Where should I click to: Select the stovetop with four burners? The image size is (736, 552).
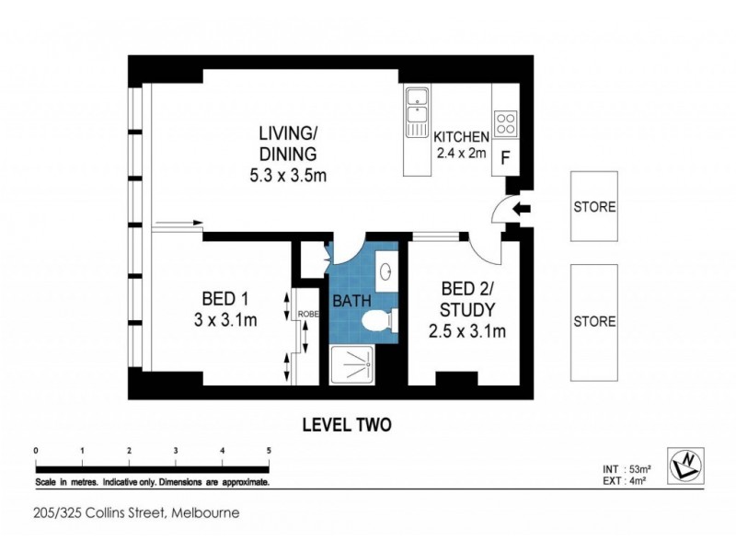point(506,123)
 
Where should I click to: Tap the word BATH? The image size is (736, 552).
point(351,301)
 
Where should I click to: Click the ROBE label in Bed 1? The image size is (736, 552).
point(305,316)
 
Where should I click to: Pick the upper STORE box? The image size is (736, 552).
point(594,207)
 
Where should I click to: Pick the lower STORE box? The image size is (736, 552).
point(594,322)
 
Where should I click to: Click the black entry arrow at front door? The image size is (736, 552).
point(521,211)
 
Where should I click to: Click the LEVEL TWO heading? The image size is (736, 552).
point(348,425)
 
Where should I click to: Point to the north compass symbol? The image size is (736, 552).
point(689,464)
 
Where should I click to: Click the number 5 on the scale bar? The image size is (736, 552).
point(269,450)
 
